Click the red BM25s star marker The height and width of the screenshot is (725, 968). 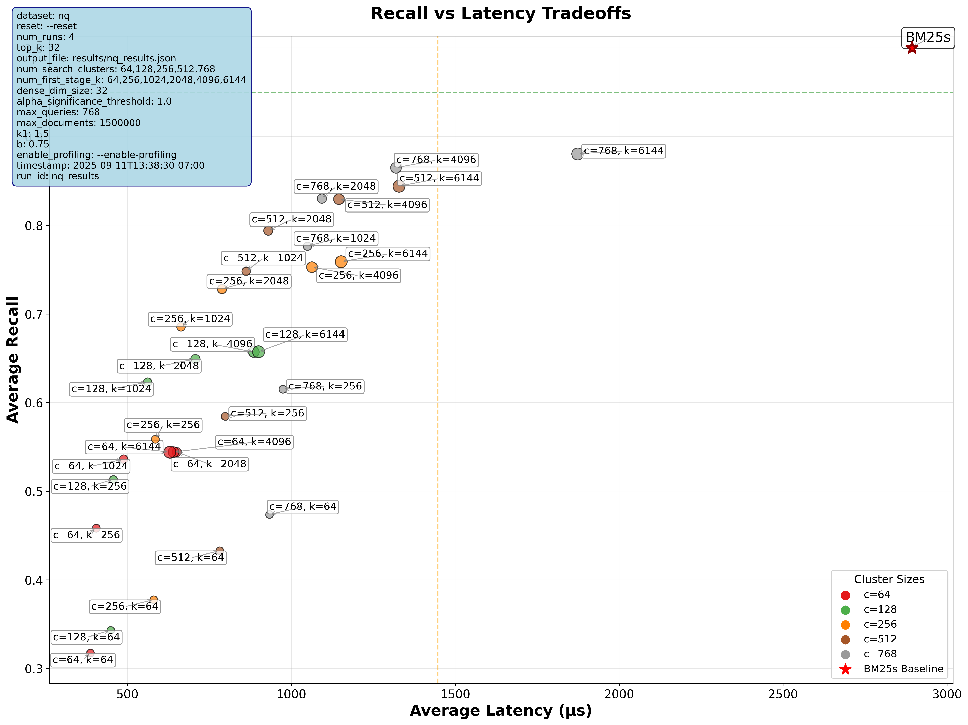(x=912, y=48)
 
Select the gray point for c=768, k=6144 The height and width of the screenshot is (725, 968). (x=577, y=154)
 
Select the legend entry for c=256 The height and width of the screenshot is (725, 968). (x=880, y=624)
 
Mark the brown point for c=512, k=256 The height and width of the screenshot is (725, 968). (x=225, y=416)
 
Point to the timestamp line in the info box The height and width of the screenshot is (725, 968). (x=110, y=165)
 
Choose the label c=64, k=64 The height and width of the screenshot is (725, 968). (x=83, y=660)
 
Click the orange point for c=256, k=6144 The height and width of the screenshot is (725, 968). (x=341, y=262)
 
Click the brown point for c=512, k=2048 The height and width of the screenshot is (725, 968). (x=268, y=231)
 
